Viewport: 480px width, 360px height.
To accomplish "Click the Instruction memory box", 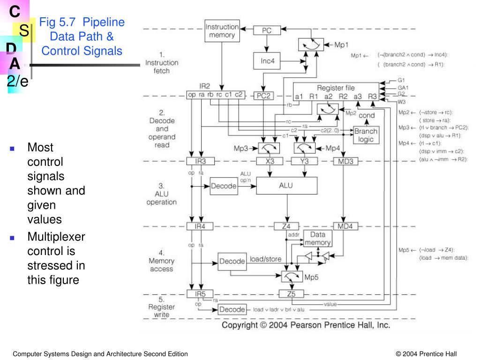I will coord(222,31).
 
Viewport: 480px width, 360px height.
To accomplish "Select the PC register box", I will coord(266,30).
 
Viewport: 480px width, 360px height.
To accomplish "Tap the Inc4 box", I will coord(266,60).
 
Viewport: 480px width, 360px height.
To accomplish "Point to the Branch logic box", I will coord(366,135).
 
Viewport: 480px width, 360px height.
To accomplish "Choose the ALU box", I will coord(286,186).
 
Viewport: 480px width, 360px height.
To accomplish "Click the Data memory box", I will coord(318,239).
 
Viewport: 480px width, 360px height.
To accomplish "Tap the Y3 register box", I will coord(305,161).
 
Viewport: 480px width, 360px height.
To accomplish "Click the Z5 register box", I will coord(292,294).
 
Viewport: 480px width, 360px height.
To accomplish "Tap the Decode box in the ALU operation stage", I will coord(224,186).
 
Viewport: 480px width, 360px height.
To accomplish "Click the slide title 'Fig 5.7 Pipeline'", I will coord(82,22).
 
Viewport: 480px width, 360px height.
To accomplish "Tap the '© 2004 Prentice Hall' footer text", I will coord(426,354).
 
